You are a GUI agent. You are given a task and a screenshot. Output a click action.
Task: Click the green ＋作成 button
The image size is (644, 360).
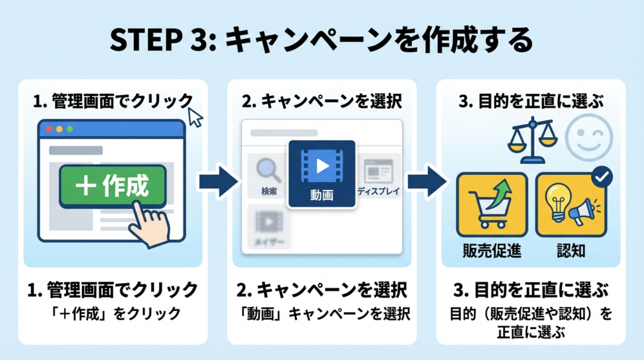tap(112, 186)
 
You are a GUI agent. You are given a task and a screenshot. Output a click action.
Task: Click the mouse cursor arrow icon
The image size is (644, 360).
tap(196, 117)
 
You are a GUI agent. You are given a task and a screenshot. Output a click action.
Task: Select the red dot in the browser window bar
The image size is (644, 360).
tap(48, 128)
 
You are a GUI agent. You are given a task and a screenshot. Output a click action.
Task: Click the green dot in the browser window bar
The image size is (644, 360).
tap(69, 128)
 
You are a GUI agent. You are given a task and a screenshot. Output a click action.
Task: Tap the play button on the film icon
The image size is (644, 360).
tap(322, 166)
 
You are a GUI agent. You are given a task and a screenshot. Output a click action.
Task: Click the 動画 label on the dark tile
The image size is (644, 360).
tap(322, 196)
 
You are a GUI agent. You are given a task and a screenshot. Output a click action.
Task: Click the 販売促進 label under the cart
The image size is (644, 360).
tap(492, 251)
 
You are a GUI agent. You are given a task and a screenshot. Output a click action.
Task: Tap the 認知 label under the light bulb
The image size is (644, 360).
tap(571, 251)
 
